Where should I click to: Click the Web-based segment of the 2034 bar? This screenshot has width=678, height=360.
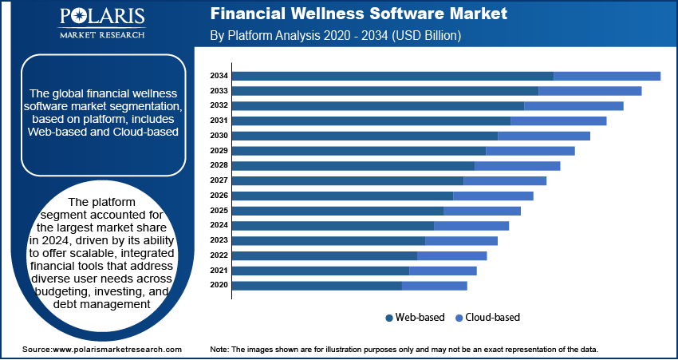click(x=392, y=76)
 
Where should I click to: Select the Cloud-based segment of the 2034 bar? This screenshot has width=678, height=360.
click(x=607, y=76)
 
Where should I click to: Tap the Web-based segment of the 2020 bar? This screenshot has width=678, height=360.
click(x=317, y=285)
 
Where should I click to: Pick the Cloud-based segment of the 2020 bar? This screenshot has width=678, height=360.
click(x=435, y=285)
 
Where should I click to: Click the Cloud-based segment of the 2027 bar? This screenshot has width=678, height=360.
click(x=505, y=180)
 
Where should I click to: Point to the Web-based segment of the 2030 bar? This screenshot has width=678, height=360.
click(x=365, y=136)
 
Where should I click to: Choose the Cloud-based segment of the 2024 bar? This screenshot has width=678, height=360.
click(x=471, y=225)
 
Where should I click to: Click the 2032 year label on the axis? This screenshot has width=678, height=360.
click(x=219, y=105)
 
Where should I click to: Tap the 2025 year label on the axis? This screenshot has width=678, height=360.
click(x=219, y=211)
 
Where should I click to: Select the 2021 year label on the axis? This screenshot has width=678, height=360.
click(x=219, y=271)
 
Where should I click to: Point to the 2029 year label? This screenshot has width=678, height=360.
click(x=219, y=151)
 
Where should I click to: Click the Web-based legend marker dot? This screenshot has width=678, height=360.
click(x=389, y=318)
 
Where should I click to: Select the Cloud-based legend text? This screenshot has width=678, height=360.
click(x=492, y=318)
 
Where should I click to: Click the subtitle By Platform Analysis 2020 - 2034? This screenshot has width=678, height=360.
click(x=336, y=37)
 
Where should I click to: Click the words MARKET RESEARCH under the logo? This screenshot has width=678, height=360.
click(x=102, y=35)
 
